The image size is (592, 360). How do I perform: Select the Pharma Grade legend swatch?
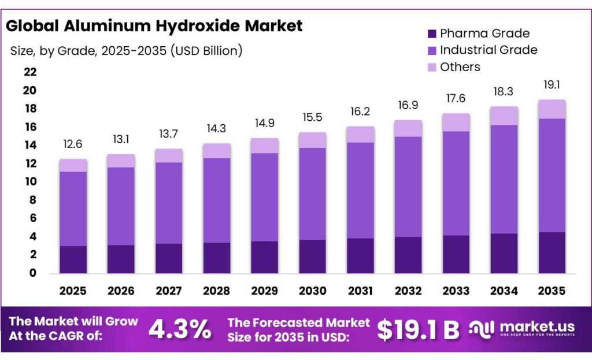click(431, 34)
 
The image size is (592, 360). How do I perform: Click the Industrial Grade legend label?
click(488, 50)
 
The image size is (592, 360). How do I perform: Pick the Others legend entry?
click(460, 67)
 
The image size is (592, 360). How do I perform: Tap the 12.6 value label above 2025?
click(73, 144)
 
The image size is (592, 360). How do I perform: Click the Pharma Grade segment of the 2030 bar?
click(312, 256)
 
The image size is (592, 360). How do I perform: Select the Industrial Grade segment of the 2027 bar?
click(168, 203)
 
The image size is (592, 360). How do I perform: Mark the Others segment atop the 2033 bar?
click(456, 122)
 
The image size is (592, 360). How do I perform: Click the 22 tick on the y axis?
click(30, 72)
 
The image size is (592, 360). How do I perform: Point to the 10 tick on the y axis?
click(30, 181)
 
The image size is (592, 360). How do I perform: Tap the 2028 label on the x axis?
click(216, 290)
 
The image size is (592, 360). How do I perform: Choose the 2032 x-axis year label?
click(408, 290)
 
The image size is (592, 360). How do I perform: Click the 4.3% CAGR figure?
click(180, 329)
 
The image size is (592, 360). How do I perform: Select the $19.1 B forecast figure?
click(418, 329)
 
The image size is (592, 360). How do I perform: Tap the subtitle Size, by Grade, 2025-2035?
click(126, 51)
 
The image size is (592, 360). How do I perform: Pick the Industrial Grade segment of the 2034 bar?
click(503, 179)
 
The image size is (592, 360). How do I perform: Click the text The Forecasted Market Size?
click(298, 329)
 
